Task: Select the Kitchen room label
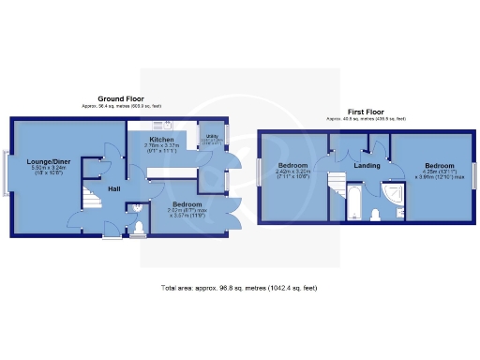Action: coord(159,140)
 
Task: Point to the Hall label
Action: coord(112,189)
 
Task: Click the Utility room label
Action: coord(212,137)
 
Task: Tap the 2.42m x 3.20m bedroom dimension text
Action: coord(292,174)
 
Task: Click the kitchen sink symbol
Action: coord(170,125)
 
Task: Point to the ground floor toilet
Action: coord(140,226)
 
